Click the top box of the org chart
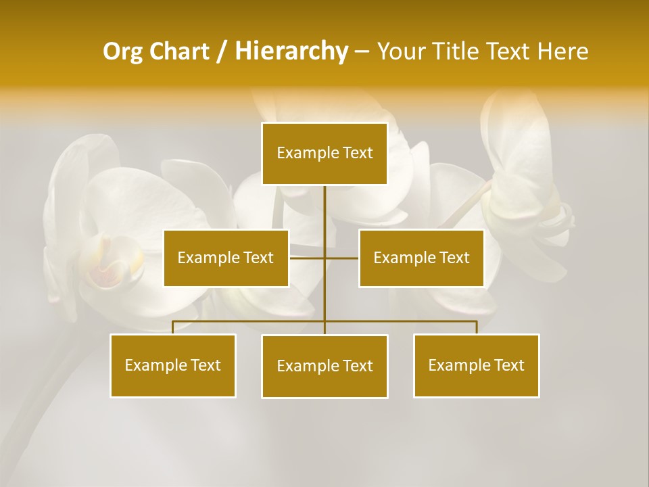[x=324, y=154]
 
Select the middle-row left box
[x=226, y=258]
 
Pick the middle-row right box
[x=421, y=258]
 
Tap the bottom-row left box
[x=173, y=365]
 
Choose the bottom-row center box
[x=324, y=366]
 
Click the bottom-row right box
[x=476, y=365]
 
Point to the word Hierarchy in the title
[x=291, y=51]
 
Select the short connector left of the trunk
[x=306, y=258]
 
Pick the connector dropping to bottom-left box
[x=173, y=327]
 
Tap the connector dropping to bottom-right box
[x=476, y=327]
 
